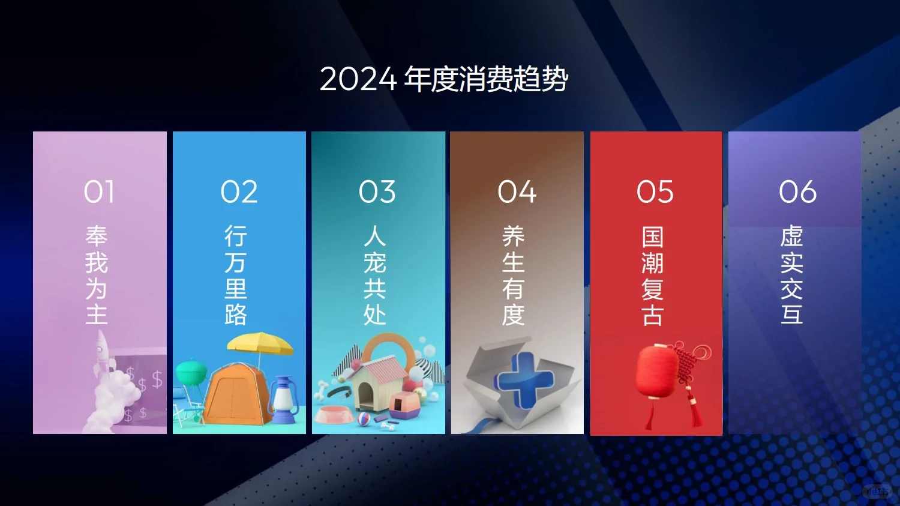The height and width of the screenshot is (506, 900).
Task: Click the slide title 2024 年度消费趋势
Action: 444,79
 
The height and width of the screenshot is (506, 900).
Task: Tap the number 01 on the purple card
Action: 99,192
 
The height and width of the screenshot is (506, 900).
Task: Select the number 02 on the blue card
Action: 239,192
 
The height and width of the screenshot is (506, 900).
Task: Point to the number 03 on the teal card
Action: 377,192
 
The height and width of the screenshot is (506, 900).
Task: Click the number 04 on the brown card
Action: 517,192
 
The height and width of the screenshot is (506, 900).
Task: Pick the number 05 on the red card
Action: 655,192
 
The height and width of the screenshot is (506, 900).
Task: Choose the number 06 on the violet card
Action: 797,192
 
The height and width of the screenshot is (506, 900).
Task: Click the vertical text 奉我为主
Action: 97,275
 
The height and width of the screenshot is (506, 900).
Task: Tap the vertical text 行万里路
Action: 236,275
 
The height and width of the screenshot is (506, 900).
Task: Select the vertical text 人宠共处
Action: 374,275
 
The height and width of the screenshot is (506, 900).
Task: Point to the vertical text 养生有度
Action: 514,275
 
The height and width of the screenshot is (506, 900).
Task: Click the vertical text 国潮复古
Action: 652,276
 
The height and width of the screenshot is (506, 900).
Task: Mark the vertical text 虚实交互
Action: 791,275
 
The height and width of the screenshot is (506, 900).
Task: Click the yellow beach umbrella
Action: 260,343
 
